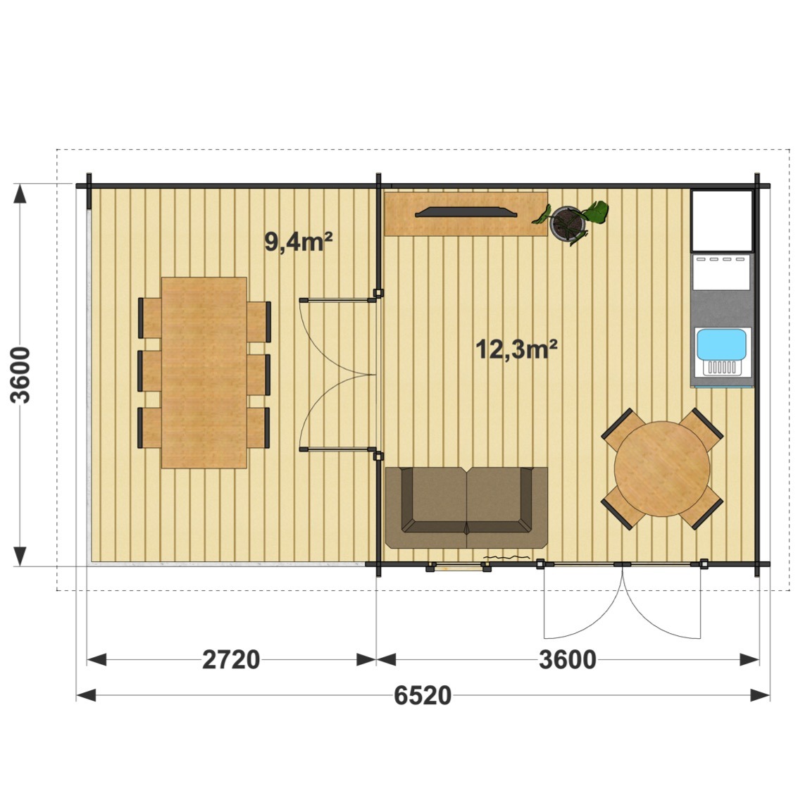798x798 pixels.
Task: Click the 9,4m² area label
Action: pos(298,242)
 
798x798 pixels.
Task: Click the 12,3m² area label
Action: pos(516,349)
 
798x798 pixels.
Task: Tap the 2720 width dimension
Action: pos(231,659)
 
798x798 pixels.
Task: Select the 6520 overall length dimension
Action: pos(423,696)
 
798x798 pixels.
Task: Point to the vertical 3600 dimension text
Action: pos(21,375)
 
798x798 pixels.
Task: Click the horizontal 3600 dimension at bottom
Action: pos(568,659)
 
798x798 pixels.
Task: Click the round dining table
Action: pos(661,468)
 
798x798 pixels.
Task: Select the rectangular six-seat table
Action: pos(204,373)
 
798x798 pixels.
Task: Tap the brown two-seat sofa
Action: pos(466,507)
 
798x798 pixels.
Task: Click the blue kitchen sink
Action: pos(721,344)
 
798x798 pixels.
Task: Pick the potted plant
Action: pos(571,223)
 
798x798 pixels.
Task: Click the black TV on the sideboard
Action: pos(466,212)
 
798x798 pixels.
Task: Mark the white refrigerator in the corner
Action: pos(722,221)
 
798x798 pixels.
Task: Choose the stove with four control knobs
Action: pos(722,272)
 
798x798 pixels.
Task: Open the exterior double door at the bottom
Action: pos(622,601)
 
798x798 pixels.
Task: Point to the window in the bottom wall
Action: pos(459,566)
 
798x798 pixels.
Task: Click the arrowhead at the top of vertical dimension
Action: pos(20,194)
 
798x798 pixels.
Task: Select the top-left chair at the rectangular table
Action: pos(150,318)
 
